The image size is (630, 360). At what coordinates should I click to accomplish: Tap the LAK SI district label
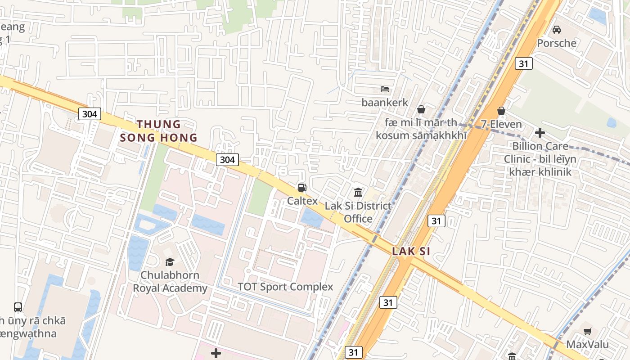[x=411, y=251]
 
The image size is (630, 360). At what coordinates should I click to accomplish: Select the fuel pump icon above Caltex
[x=302, y=188]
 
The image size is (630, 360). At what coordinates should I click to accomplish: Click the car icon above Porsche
[x=557, y=30]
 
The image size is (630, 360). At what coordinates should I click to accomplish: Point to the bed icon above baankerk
[x=384, y=89]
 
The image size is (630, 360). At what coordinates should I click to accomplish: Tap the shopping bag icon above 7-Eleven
[x=501, y=111]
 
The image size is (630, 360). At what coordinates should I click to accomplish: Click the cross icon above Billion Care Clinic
[x=540, y=133]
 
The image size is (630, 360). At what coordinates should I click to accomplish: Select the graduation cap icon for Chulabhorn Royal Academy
[x=170, y=262]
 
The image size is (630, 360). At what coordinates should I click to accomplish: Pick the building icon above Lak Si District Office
[x=358, y=193]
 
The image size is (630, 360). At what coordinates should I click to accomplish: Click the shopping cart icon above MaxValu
[x=587, y=332]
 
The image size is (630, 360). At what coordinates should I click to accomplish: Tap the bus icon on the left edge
[x=18, y=307]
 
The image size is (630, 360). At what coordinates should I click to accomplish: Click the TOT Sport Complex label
[x=285, y=287]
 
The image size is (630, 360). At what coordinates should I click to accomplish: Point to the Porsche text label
[x=557, y=43]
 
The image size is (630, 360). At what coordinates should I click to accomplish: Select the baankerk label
[x=385, y=103]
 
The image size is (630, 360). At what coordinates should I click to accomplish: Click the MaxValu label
[x=587, y=345]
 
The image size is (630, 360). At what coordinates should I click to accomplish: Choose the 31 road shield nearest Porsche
[x=523, y=63]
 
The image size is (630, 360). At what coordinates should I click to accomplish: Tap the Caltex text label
[x=302, y=201]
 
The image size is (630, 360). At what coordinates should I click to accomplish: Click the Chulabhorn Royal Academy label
[x=170, y=282]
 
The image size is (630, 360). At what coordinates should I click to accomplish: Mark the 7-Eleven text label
[x=501, y=124]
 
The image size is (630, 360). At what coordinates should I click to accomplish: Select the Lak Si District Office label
[x=358, y=212]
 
